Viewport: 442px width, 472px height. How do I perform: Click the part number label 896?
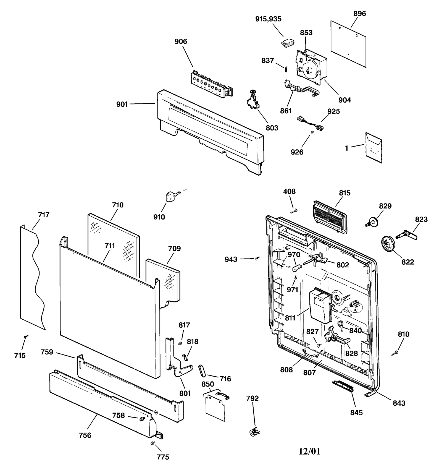359,14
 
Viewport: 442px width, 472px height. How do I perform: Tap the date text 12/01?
309,451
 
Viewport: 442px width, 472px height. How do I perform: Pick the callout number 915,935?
268,19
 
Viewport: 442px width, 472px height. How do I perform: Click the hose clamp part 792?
254,431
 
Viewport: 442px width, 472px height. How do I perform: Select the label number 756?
85,435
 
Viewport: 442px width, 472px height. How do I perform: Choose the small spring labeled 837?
286,68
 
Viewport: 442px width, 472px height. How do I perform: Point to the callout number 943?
231,259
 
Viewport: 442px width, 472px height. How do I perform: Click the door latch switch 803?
253,100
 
